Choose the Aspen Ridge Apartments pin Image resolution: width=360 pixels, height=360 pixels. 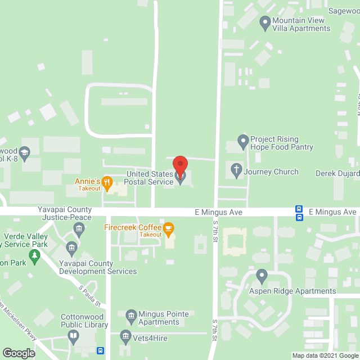(x=261, y=276)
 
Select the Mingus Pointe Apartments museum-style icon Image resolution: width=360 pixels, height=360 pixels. (x=131, y=315)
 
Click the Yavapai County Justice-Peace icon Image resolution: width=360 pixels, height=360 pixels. (x=79, y=228)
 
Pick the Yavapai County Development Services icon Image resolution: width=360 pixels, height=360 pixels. (x=71, y=247)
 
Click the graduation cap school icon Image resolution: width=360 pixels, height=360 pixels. (x=25, y=152)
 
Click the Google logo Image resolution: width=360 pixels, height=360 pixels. (x=18, y=353)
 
